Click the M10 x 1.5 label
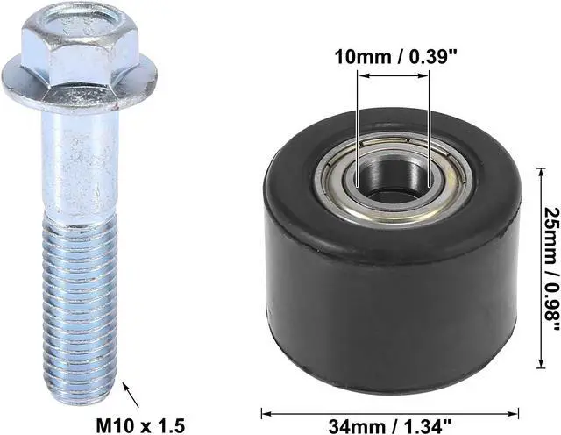[x=140, y=425]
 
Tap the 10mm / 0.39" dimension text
[x=396, y=57]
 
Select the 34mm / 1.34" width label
[x=389, y=426]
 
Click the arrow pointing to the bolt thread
[x=131, y=395]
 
